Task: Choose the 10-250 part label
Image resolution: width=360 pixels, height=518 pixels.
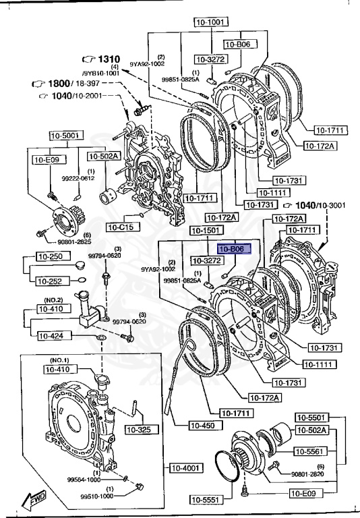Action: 49,257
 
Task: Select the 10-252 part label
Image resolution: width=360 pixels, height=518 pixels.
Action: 49,281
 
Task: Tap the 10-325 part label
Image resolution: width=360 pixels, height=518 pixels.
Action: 142,429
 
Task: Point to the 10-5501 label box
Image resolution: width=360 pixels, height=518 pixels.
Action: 312,418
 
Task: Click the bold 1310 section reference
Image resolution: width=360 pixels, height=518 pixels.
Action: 107,59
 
